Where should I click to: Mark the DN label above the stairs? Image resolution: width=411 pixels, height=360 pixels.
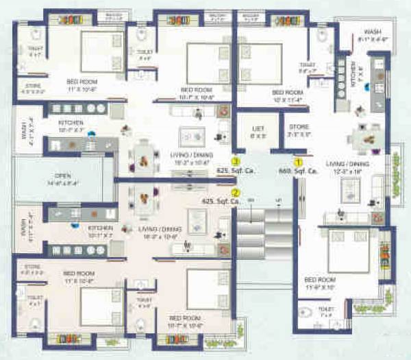pos(251,200)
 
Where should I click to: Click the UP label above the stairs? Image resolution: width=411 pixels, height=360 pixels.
pos(278,200)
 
